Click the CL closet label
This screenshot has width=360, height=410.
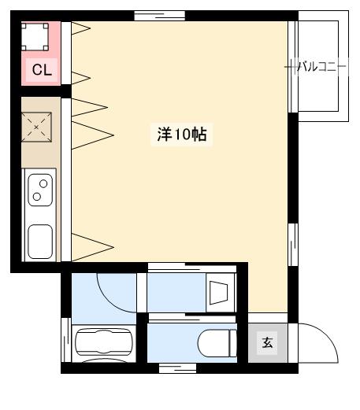coord(41,70)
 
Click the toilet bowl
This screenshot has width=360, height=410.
coord(216,344)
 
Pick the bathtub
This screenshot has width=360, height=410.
coord(103,344)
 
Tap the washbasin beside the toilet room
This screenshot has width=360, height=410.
coord(218,294)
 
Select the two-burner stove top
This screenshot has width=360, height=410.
coord(40,190)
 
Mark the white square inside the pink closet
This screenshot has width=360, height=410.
coord(35,35)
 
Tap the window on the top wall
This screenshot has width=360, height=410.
coord(159,15)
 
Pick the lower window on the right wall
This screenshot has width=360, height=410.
coord(292,245)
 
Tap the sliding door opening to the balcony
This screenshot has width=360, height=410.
coord(292,67)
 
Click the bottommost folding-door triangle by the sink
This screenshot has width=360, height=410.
coord(91,246)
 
